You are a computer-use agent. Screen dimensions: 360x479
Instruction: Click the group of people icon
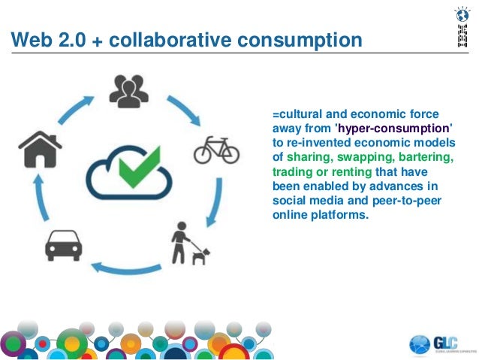coord(128,89)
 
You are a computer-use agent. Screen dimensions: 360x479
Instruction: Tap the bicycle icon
coord(216,151)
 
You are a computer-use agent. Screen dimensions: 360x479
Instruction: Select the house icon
coord(40,149)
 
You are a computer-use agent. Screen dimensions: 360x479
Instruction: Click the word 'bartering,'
coord(429,157)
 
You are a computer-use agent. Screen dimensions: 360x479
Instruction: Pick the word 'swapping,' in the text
coord(366,157)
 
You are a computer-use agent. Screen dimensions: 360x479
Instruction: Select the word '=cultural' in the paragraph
coord(298,114)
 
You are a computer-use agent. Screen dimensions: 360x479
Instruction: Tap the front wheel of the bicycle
coord(230,155)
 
